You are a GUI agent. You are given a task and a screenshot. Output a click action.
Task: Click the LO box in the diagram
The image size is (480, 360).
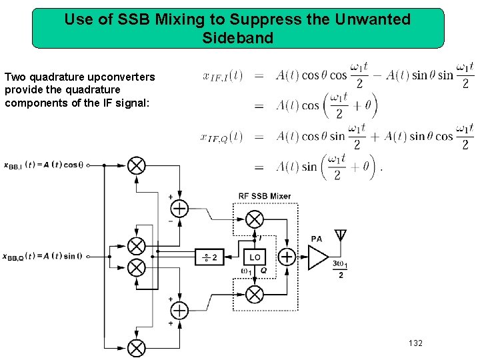pos(255,257)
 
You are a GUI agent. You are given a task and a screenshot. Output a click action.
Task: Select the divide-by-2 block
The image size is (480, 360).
pos(209,257)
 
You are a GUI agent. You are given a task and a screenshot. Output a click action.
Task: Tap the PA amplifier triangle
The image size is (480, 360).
pos(317,257)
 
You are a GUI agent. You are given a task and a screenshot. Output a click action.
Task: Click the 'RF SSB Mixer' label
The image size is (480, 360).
pos(265,196)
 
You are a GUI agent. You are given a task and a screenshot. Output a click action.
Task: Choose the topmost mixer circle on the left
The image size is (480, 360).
pos(137,165)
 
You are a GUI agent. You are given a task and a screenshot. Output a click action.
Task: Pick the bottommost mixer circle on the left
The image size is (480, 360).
pos(137,347)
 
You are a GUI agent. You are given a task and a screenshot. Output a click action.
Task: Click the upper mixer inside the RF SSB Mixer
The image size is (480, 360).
pos(255,219)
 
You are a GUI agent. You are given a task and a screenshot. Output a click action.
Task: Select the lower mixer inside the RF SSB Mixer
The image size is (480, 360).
pos(255,294)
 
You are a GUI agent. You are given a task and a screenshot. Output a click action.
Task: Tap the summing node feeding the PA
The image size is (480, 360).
pos(287,257)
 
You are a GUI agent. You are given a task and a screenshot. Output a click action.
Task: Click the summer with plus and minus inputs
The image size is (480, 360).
pos(179,208)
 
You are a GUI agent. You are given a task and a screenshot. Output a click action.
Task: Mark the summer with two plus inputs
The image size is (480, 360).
pos(179,310)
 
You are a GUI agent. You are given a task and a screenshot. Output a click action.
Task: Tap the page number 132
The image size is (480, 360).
pos(415,343)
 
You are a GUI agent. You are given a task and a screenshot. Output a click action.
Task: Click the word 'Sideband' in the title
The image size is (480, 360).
pos(238,38)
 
